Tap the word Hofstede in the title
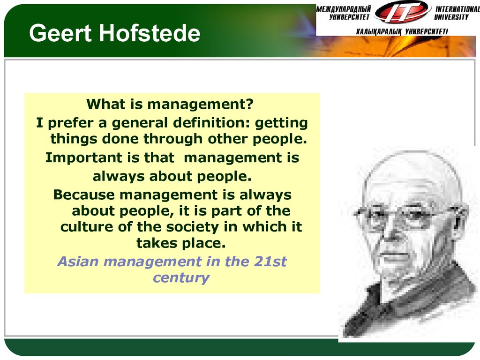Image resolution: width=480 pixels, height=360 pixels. coord(150,33)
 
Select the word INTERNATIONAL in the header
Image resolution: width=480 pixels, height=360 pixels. coord(457,9)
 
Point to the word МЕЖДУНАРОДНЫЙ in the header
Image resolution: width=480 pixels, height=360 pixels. coord(344,9)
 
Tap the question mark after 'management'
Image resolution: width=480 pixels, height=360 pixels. coord(250,104)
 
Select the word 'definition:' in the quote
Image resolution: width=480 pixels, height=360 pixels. coord(211,122)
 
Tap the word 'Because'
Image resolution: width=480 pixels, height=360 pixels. coord(84,195)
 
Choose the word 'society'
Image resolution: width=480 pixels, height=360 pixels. coord(192,227)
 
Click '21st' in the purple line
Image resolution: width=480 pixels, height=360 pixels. coord(270,262)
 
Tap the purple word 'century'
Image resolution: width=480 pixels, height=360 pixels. coord(181,278)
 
